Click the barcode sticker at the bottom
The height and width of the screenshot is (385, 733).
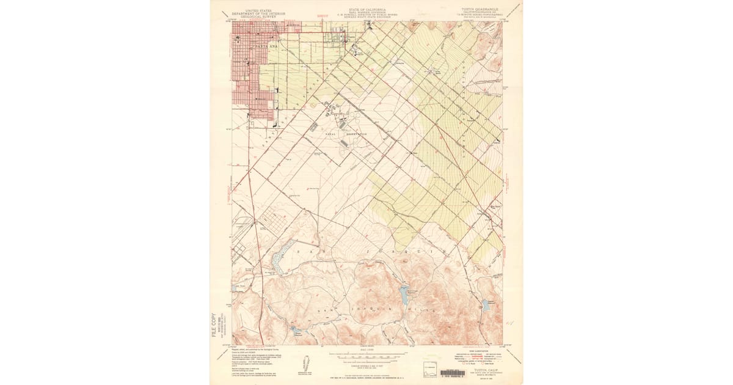(452, 373)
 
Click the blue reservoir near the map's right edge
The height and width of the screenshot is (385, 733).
(486, 304)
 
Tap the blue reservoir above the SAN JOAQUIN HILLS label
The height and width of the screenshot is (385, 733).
(404, 294)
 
